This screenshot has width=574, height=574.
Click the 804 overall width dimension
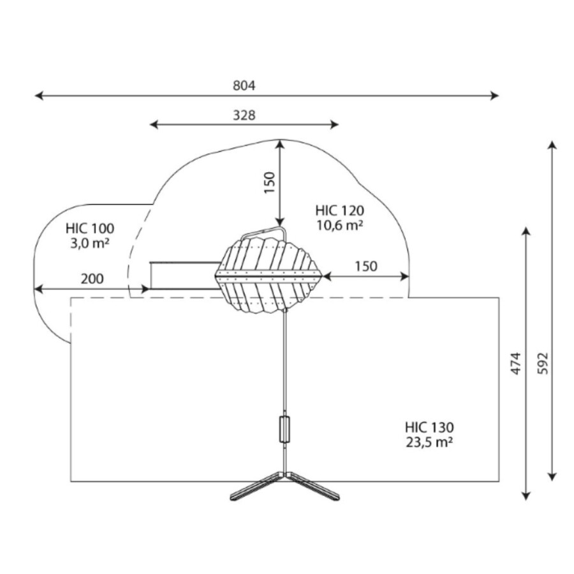(x=244, y=85)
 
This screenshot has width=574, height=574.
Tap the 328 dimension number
(x=244, y=115)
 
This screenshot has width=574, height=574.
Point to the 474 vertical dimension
(x=515, y=363)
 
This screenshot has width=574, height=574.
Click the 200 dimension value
(x=92, y=279)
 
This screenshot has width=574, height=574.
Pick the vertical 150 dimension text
(x=269, y=182)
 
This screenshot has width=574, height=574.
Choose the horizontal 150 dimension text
(x=366, y=266)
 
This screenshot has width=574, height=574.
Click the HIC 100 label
(x=90, y=228)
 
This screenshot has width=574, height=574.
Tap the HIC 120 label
(x=340, y=210)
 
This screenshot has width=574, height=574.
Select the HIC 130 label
(x=429, y=427)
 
